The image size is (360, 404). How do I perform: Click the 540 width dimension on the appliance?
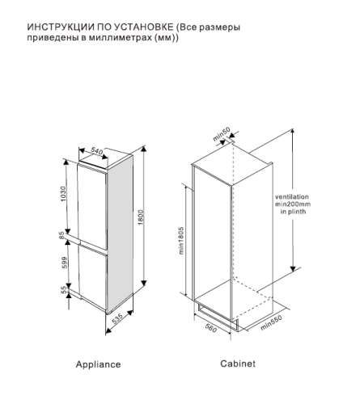[96, 151]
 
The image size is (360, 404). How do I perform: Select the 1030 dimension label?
[63, 194]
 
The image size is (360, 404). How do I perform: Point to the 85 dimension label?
[61, 235]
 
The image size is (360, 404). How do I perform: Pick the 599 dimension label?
[65, 263]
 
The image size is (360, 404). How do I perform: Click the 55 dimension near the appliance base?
[63, 290]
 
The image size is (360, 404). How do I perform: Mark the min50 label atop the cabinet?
[222, 134]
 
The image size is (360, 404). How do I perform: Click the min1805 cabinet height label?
[180, 241]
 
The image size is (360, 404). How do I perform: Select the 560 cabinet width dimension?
[211, 328]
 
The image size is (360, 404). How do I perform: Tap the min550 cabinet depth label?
[271, 322]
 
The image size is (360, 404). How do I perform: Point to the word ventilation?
[292, 197]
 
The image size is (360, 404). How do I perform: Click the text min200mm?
[293, 204]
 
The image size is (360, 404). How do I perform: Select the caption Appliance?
[98, 364]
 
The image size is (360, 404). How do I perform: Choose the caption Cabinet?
[238, 364]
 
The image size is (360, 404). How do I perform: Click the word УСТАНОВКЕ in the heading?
[144, 27]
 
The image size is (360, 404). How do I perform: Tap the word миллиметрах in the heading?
[121, 38]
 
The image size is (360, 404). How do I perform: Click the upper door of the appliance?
[92, 206]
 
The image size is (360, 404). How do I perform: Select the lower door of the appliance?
[93, 277]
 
